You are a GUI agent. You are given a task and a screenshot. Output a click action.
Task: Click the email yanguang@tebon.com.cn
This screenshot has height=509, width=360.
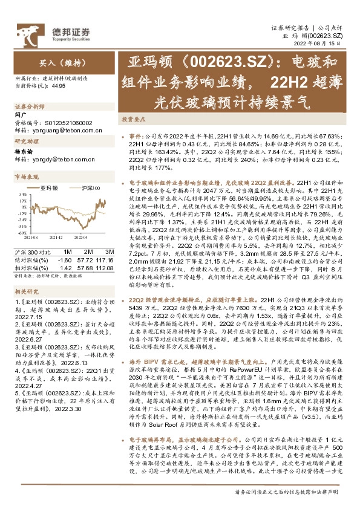(x=54, y=129)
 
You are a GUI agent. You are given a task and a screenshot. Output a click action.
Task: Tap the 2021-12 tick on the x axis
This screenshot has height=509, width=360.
(x=55, y=238)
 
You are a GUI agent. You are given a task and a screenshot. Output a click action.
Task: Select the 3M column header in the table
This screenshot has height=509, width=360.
(x=110, y=251)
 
